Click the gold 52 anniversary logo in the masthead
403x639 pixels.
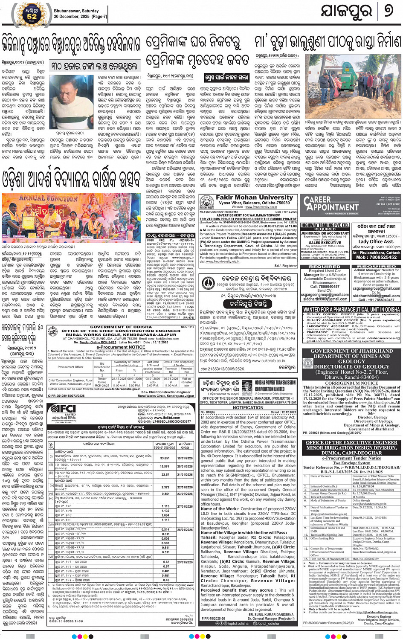click(x=32, y=13)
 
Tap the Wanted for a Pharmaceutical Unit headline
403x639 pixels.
click(x=351, y=309)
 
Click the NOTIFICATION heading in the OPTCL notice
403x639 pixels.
click(x=248, y=407)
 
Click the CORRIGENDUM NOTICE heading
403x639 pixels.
click(x=351, y=383)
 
